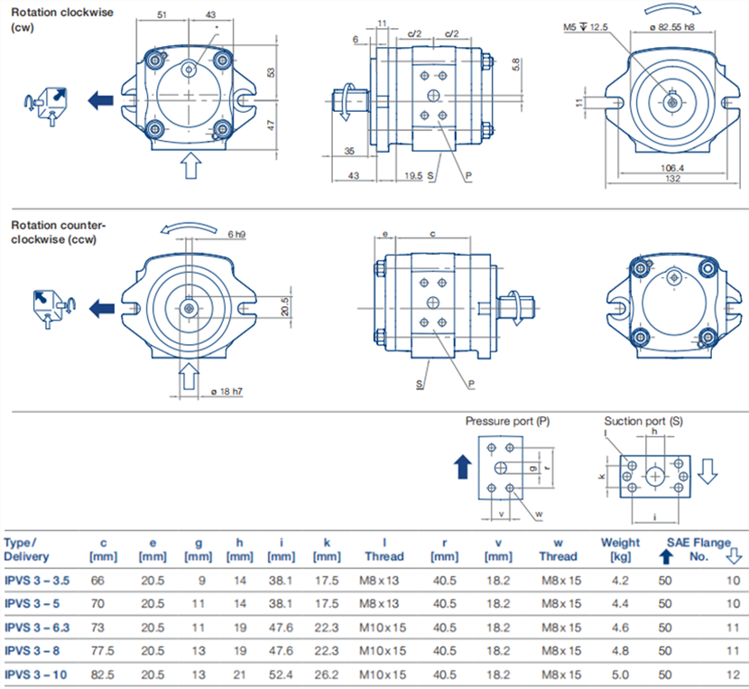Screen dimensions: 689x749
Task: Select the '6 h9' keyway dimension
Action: (236, 235)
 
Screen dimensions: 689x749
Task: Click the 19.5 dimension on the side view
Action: (413, 176)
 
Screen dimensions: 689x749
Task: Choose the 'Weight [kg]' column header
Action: (620, 548)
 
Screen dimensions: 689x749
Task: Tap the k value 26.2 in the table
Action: (327, 673)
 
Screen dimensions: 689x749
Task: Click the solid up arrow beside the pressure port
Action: (462, 467)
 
